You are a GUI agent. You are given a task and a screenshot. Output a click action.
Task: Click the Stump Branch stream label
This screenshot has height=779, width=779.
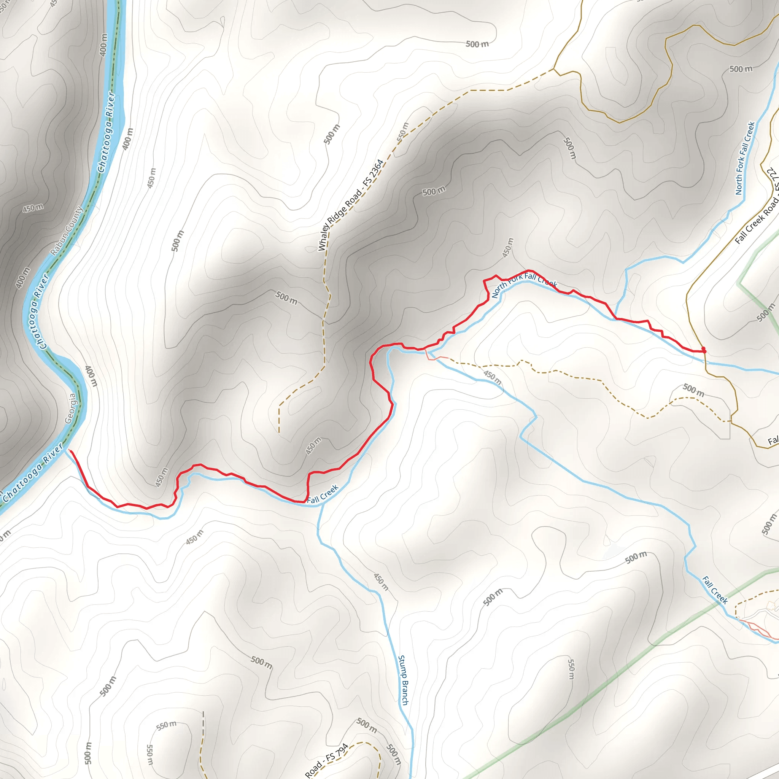point(403,680)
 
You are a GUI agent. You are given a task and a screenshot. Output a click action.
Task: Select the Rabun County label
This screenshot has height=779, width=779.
point(67,231)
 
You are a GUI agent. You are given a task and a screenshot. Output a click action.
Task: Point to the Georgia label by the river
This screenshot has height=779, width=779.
point(71,409)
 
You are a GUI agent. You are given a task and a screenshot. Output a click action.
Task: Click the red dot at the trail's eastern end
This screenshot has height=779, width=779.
point(704,350)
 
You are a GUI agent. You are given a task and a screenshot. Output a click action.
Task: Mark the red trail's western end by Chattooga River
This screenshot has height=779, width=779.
point(70,450)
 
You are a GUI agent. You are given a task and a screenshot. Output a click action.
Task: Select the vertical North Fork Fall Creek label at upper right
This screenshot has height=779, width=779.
point(745,159)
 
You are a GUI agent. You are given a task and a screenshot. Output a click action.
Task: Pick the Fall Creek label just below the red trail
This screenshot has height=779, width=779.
point(323,494)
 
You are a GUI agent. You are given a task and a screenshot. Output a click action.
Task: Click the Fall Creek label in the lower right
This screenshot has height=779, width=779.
point(715,590)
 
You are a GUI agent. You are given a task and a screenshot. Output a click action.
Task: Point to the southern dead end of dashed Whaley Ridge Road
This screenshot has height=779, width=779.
point(279,432)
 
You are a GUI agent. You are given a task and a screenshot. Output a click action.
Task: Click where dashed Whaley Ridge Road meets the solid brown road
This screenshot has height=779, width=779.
point(554,69)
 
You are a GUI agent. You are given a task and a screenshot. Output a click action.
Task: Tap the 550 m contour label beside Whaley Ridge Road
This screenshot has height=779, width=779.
point(402,132)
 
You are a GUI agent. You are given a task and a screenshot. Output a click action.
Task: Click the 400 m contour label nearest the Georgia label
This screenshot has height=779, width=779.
point(91,376)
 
